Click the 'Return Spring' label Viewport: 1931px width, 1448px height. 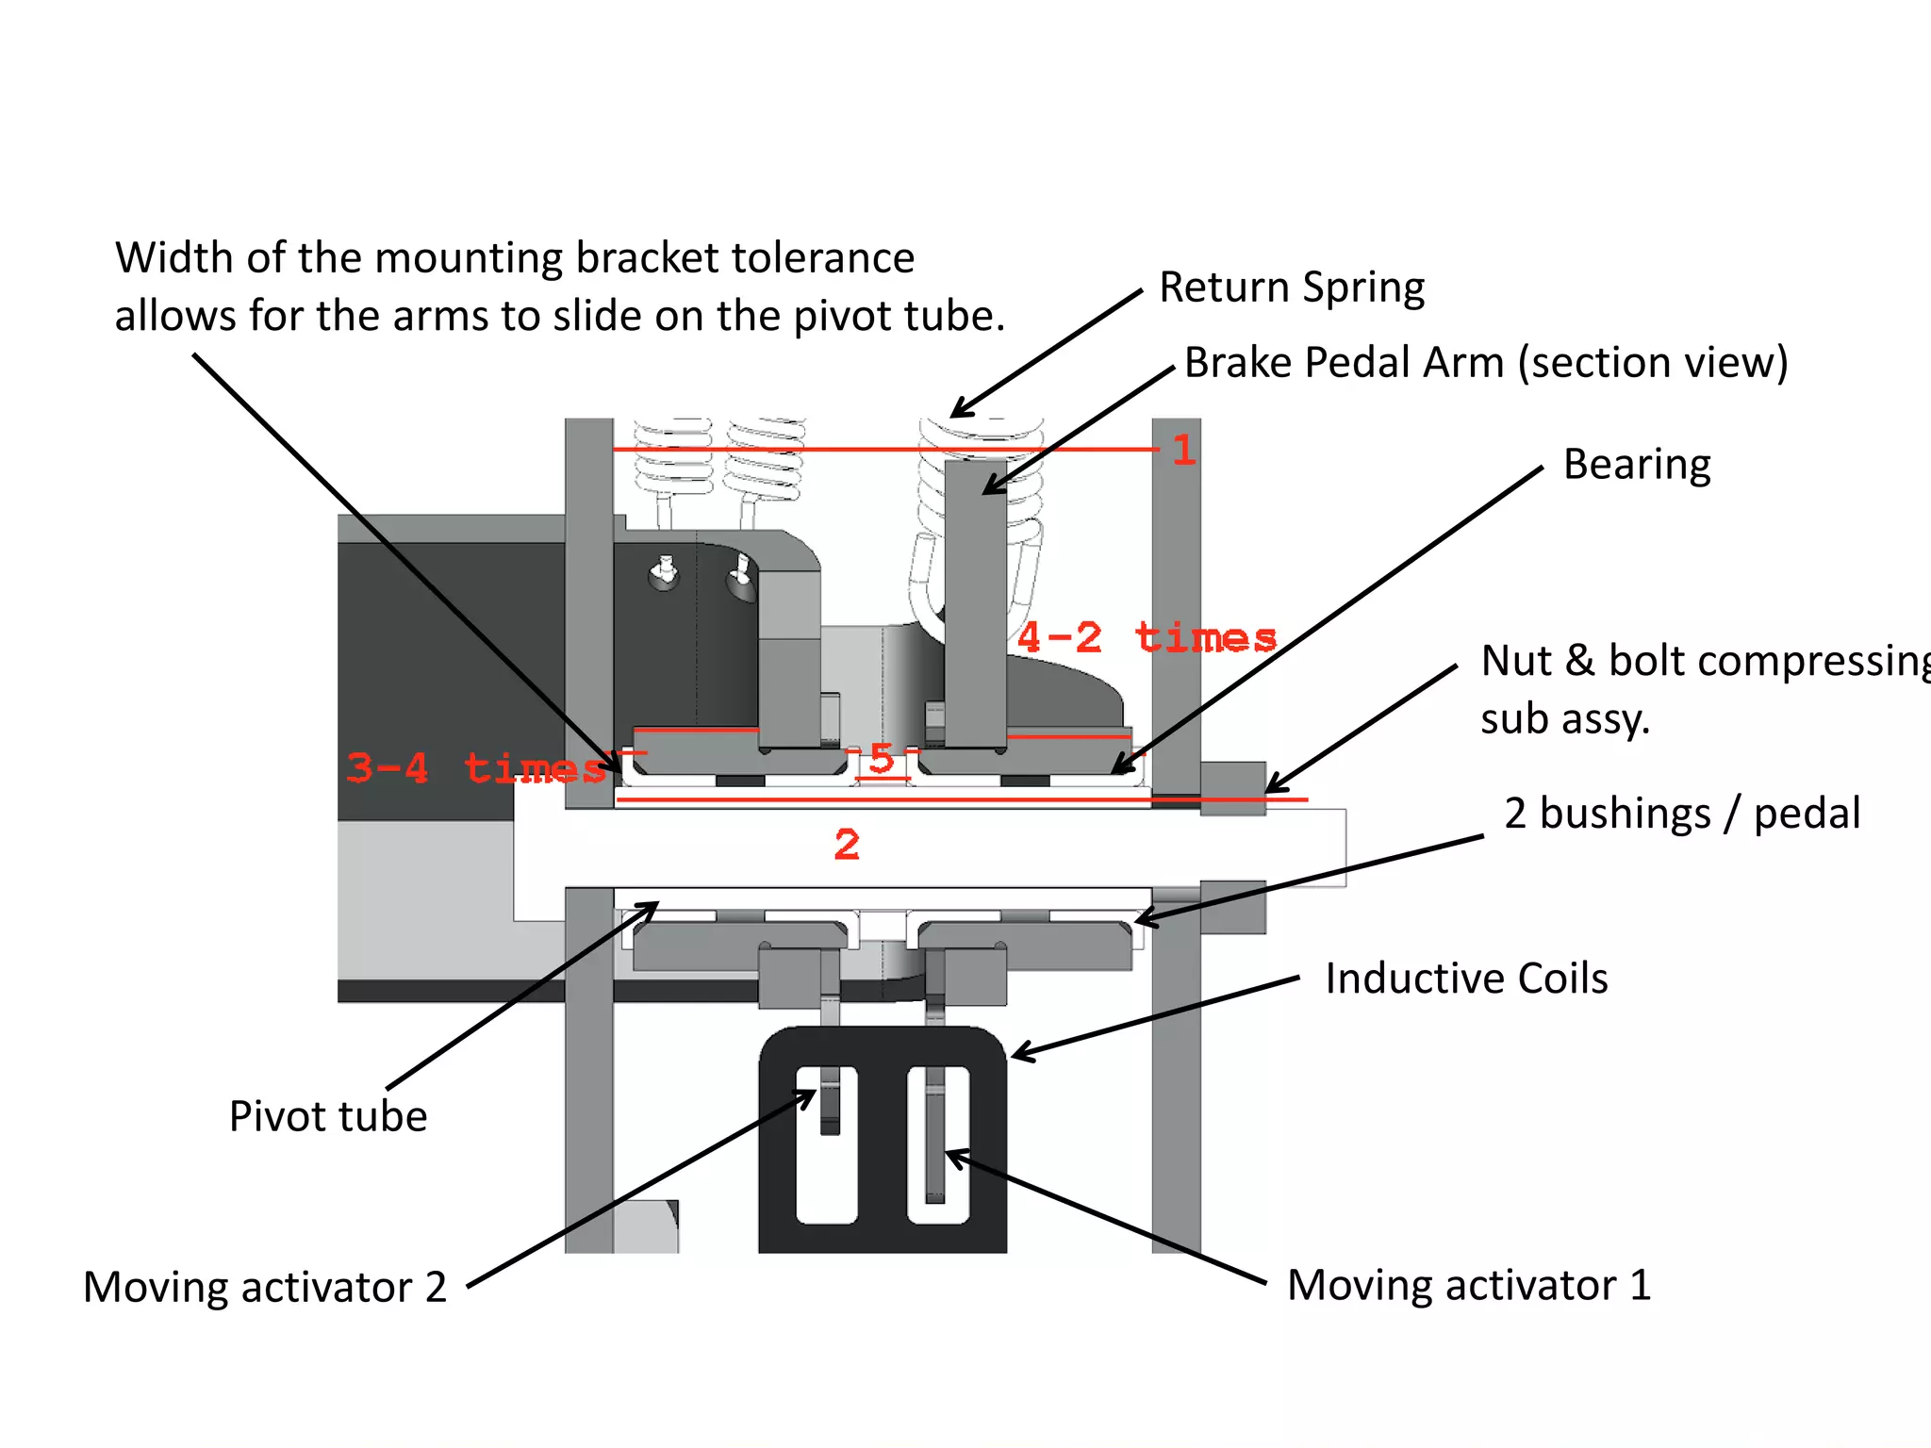pos(1291,288)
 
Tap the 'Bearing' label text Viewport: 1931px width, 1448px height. pos(1636,465)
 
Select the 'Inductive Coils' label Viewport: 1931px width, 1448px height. pos(1465,979)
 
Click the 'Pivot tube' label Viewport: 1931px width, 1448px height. pos(328,1116)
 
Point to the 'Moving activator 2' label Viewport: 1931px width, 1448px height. pos(265,1287)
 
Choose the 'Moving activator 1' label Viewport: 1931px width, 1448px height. pos(1469,1285)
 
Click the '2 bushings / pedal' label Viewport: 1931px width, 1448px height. pos(1682,814)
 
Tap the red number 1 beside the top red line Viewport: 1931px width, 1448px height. pos(1184,451)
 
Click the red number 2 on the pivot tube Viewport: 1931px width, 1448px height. pos(847,845)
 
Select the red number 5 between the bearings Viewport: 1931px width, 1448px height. pos(882,758)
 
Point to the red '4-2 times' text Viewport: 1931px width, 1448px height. pos(1147,638)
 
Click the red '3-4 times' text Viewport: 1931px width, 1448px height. pos(476,768)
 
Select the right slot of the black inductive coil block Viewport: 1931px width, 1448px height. pos(938,1145)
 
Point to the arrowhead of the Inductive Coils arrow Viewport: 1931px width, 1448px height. pos(1020,1054)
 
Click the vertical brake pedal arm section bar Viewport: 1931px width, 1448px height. pos(975,603)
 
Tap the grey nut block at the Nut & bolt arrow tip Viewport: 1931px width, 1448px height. pos(1232,786)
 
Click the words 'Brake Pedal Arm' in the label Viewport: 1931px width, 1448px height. pos(1344,363)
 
